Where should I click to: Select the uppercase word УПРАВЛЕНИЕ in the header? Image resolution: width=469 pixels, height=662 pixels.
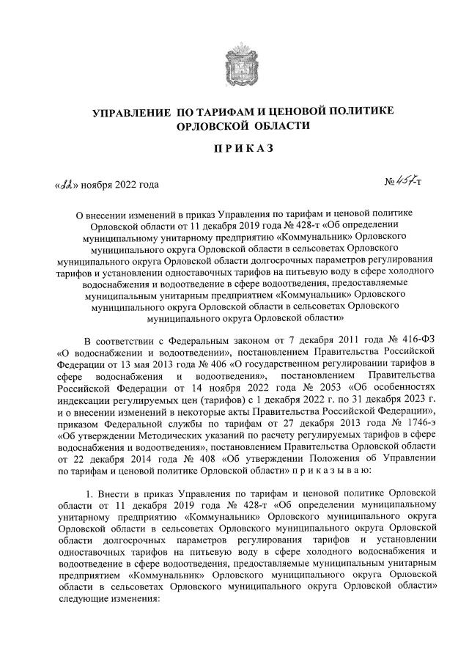(130, 111)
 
